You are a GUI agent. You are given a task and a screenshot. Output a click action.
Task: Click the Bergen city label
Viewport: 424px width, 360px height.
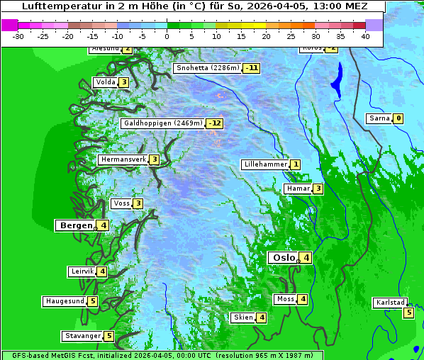pyautogui.click(x=76, y=225)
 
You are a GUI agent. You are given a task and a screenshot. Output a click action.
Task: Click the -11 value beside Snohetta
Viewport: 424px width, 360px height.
pyautogui.click(x=251, y=69)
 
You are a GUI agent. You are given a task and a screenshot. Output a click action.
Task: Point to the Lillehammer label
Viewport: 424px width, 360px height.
pyautogui.click(x=265, y=164)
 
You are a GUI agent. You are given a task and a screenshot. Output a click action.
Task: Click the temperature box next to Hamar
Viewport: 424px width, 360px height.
pyautogui.click(x=318, y=189)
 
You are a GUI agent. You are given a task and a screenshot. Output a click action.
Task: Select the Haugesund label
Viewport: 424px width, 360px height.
pyautogui.click(x=65, y=301)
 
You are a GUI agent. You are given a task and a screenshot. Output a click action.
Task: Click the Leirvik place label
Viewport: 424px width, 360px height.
pyautogui.click(x=82, y=271)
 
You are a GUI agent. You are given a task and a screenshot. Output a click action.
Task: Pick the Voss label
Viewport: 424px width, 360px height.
pyautogui.click(x=121, y=204)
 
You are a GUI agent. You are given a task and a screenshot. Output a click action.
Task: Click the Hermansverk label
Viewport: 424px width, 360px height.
pyautogui.click(x=123, y=160)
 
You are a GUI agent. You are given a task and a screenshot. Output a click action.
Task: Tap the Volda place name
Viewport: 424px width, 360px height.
pyautogui.click(x=105, y=83)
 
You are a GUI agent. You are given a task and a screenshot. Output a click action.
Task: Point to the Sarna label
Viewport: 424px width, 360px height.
pyautogui.click(x=379, y=118)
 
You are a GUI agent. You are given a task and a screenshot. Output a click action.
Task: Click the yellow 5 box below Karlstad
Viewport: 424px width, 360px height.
pyautogui.click(x=408, y=313)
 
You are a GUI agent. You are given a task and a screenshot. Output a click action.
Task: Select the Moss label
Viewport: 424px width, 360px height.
pyautogui.click(x=285, y=299)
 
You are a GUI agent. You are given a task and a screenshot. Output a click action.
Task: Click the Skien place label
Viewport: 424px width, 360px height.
pyautogui.click(x=243, y=317)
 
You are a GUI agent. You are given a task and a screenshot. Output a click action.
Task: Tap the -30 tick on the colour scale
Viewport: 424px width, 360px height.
pyautogui.click(x=18, y=35)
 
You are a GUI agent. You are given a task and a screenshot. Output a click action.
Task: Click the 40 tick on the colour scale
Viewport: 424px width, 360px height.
pyautogui.click(x=365, y=35)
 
